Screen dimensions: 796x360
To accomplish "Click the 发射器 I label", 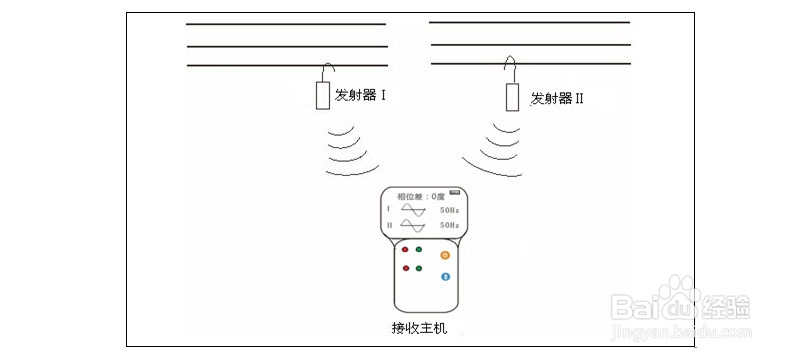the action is [x=361, y=96].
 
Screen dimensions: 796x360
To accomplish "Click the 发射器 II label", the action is [x=557, y=98].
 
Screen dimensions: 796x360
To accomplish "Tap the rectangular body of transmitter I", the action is [x=322, y=95].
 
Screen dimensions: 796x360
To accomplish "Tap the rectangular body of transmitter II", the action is [x=512, y=97].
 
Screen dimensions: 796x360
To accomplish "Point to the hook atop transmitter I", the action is [x=325, y=70].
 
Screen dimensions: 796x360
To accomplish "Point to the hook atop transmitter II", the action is [x=509, y=68].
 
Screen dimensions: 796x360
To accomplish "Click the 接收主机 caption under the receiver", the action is [x=419, y=328].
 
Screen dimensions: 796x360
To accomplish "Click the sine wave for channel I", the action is [x=414, y=210].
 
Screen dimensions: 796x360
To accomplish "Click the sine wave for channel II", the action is [x=414, y=226].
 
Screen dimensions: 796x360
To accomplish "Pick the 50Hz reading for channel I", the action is [x=449, y=211].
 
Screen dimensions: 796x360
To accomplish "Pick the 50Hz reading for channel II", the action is [x=449, y=227].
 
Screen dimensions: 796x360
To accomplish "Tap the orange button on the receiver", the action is [x=445, y=256].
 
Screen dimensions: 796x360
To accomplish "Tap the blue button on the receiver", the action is [x=445, y=276].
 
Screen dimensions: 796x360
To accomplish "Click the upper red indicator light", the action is [x=405, y=250].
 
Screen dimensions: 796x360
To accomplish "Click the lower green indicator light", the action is [x=419, y=269].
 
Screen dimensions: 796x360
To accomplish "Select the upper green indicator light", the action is [x=419, y=250].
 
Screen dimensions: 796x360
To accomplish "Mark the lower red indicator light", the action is [x=405, y=269].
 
